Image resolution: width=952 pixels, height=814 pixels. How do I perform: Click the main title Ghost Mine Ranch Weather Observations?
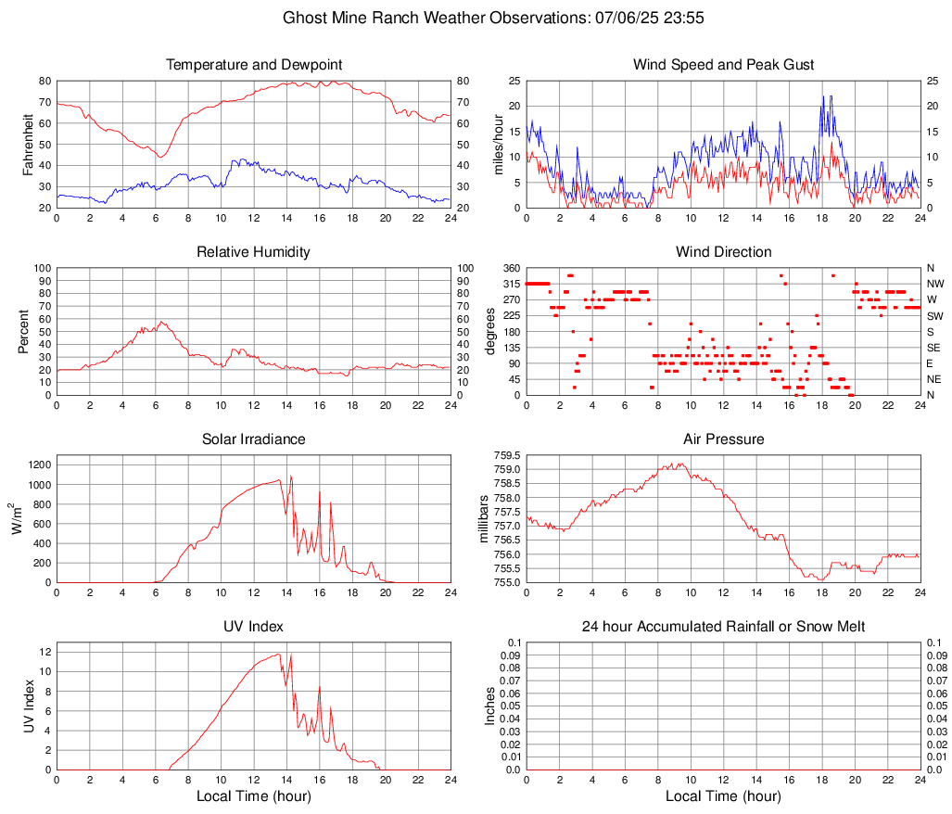tap(497, 18)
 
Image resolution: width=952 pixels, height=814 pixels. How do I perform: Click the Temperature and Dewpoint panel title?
tap(254, 65)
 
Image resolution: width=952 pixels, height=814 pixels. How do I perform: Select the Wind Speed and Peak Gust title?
tap(723, 65)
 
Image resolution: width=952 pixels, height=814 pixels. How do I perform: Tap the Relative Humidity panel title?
tap(254, 252)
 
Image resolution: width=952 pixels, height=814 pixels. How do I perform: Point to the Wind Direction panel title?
tap(723, 252)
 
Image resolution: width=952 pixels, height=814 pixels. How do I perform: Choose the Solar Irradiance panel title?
tap(254, 439)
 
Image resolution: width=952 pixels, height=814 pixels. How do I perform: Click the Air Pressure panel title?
tap(723, 439)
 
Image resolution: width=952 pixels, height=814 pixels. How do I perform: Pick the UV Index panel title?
tap(254, 627)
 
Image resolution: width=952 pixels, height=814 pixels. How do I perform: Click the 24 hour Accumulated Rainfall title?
tap(723, 627)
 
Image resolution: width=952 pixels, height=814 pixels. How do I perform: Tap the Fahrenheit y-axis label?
tap(27, 145)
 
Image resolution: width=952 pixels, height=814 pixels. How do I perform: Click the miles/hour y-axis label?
tap(498, 145)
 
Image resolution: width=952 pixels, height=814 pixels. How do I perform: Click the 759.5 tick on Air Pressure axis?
tap(506, 456)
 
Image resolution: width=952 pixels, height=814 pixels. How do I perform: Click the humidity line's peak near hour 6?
tap(161, 322)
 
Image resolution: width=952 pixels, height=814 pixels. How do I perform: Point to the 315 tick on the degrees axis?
tap(509, 284)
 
